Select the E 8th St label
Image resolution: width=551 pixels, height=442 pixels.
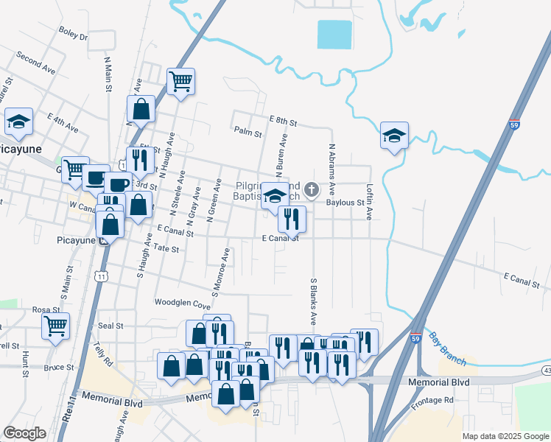click(283, 120)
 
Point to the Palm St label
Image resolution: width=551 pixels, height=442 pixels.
click(248, 133)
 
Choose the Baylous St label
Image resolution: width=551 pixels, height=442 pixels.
click(345, 202)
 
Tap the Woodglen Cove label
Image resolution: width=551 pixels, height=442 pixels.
click(182, 302)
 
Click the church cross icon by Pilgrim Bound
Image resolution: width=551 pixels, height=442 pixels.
click(312, 190)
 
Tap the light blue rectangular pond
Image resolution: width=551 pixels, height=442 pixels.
click(334, 34)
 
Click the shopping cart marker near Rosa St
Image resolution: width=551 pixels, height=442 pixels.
click(55, 325)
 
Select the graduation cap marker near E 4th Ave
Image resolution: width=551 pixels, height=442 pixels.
click(18, 121)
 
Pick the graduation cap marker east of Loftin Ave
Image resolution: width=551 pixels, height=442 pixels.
click(395, 135)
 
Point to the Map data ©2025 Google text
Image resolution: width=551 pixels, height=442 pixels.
click(505, 436)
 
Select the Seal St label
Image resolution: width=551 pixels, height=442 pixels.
click(110, 325)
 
